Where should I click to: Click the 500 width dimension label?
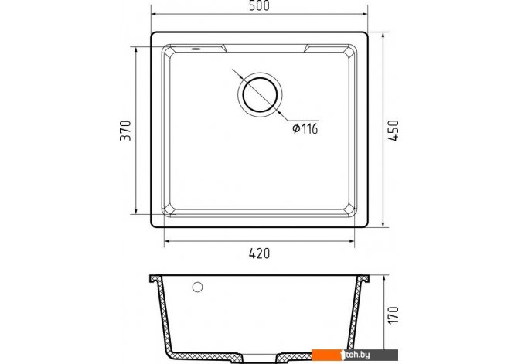(x=259, y=5)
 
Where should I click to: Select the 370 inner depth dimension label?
(x=125, y=131)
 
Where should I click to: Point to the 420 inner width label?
(x=259, y=253)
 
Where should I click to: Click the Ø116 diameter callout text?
(x=305, y=128)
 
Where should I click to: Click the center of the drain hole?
(x=260, y=94)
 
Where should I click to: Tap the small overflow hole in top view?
(x=196, y=49)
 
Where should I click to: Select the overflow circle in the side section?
(x=198, y=287)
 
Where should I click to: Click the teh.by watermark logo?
(x=354, y=355)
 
